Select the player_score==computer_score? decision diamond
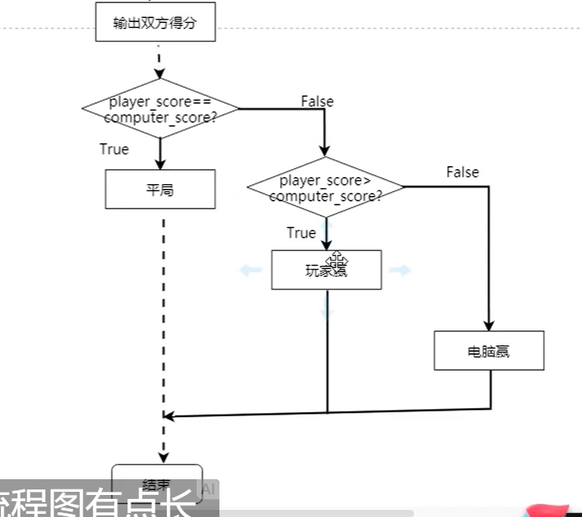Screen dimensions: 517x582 pos(160,109)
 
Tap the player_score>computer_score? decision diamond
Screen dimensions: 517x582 pos(326,188)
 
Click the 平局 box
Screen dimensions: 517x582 pos(160,190)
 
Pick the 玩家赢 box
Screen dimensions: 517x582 pos(326,271)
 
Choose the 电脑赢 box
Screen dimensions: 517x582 pos(488,351)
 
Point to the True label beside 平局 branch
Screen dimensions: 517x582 pos(114,149)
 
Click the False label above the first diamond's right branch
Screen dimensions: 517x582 pos(317,102)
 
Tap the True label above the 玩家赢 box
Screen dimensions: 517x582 pos(300,233)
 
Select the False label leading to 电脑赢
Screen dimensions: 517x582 pos(462,172)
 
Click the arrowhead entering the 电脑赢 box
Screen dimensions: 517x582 pos(488,325)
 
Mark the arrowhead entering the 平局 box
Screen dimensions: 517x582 pos(160,164)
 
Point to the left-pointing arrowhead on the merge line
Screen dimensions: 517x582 pos(167,415)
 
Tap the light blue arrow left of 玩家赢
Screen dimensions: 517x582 pos(251,271)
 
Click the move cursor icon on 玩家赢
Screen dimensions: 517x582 pos(338,260)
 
